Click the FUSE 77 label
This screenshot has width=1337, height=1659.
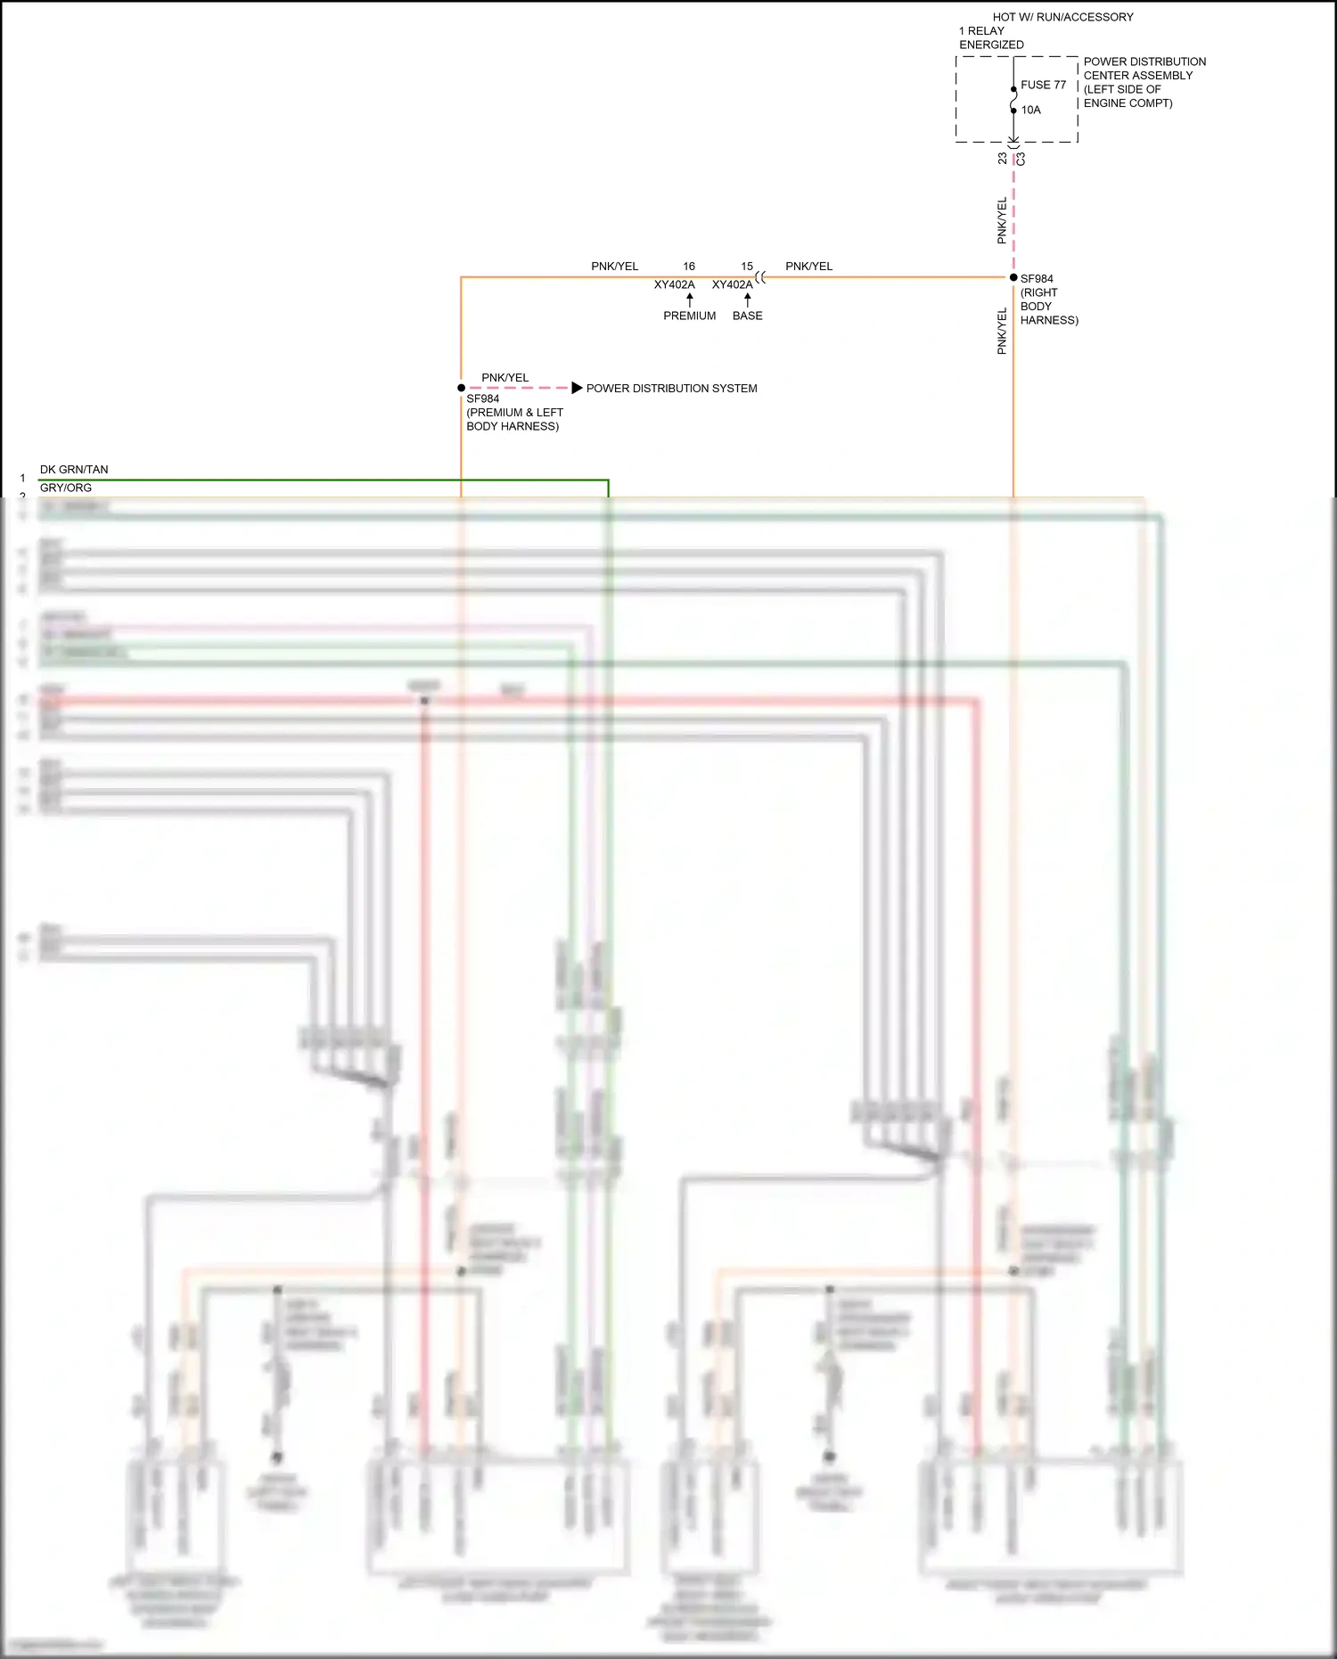point(1043,85)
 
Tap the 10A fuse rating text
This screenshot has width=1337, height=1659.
point(1030,110)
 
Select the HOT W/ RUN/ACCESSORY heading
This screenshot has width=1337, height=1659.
point(1062,17)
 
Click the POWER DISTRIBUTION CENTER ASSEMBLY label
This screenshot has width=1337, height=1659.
point(1144,69)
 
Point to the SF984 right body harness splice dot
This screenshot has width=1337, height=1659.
point(1013,277)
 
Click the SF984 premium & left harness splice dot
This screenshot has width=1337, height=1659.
point(461,388)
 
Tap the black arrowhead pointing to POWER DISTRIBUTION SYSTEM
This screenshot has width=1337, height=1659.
point(577,388)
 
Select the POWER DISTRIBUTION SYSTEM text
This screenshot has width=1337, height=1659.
point(671,389)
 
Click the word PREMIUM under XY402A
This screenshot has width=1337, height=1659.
point(689,316)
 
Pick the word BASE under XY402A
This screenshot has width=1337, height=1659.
point(747,316)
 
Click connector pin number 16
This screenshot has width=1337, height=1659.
point(689,267)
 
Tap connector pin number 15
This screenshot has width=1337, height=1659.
point(747,267)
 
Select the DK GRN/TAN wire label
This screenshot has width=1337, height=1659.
point(74,470)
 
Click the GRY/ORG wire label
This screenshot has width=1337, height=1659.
point(66,488)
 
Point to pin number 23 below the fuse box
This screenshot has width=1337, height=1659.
point(1003,158)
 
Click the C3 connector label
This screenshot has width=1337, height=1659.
point(1021,159)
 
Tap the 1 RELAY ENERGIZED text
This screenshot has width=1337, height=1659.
point(990,37)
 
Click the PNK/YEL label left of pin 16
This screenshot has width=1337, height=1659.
point(614,267)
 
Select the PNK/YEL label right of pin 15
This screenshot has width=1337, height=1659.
point(808,267)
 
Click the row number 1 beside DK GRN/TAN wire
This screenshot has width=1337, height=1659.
point(23,479)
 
